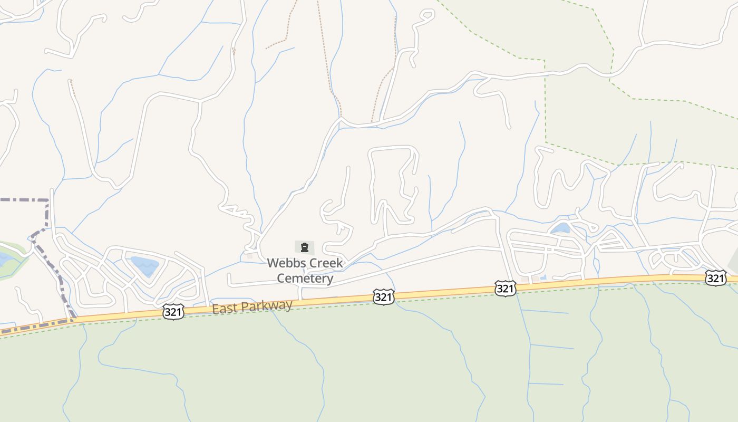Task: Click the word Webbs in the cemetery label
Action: (x=284, y=263)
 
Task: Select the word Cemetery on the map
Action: (x=305, y=278)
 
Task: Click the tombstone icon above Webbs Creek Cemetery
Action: (x=304, y=247)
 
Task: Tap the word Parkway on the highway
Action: (x=266, y=305)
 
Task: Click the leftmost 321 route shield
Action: (x=173, y=312)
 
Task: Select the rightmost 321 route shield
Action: (x=715, y=277)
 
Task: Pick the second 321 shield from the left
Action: (x=383, y=297)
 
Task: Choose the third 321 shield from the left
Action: (x=505, y=288)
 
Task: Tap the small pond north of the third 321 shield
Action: (x=560, y=228)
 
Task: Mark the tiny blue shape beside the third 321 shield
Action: (x=543, y=277)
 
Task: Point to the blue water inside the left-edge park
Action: (x=4, y=259)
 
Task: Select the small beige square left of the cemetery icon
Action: (x=249, y=255)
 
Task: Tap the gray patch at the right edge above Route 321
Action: (x=733, y=261)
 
